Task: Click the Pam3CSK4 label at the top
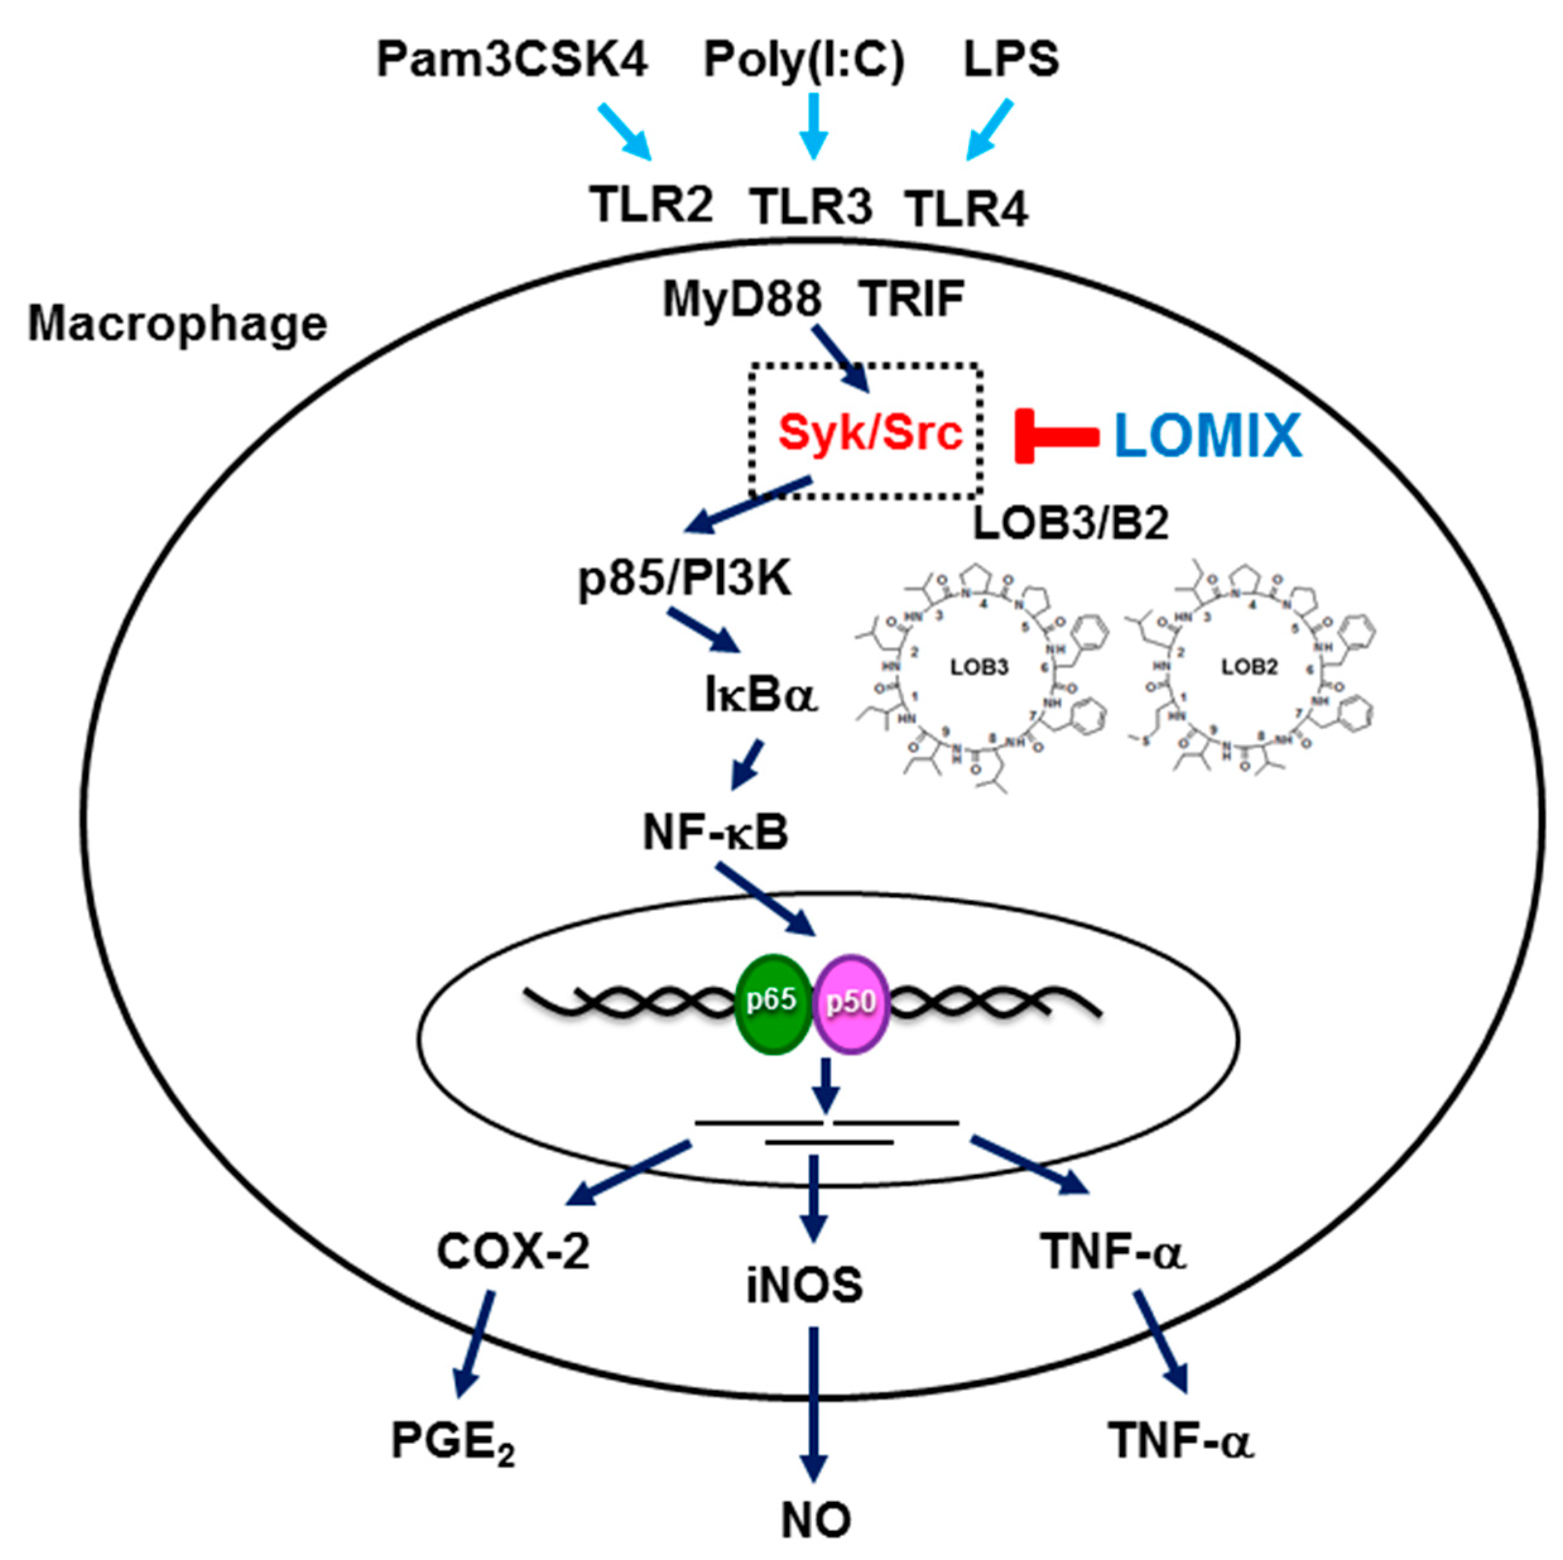click(x=511, y=61)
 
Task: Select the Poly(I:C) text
click(x=804, y=61)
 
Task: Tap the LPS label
click(x=1011, y=61)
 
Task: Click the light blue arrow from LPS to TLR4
click(x=989, y=129)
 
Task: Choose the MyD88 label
click(x=741, y=299)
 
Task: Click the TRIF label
click(x=913, y=299)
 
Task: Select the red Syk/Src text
click(x=870, y=433)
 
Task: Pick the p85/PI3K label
click(x=684, y=580)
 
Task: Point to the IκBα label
click(x=761, y=696)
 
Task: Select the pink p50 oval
click(x=850, y=1005)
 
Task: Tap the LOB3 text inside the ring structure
click(x=979, y=667)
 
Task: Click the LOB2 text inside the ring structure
click(x=1249, y=667)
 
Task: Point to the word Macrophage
click(x=177, y=324)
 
